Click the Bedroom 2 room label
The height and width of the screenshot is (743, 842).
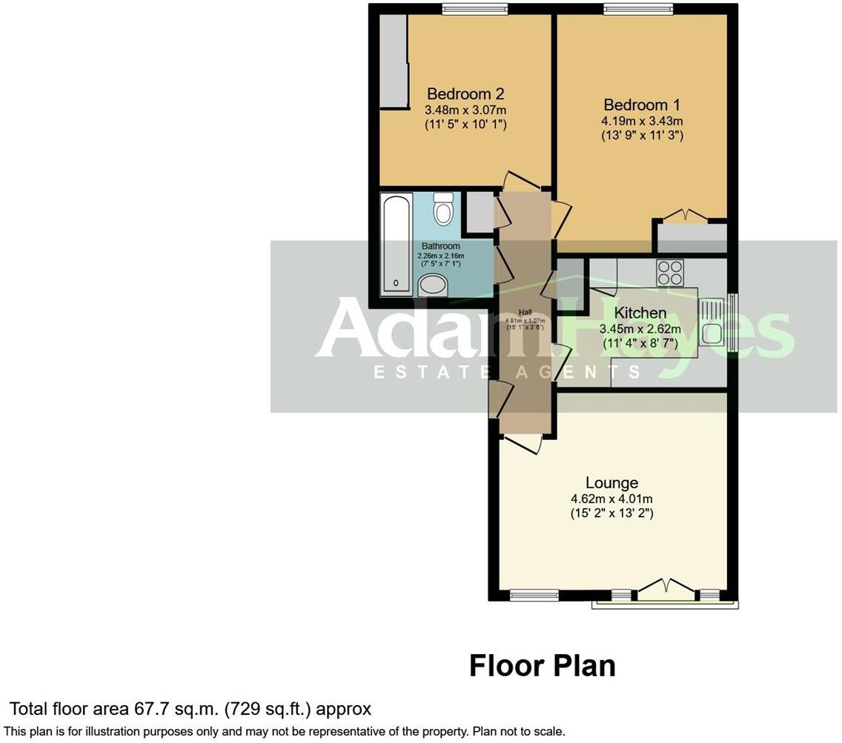(x=465, y=94)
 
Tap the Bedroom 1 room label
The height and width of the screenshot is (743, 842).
(x=642, y=105)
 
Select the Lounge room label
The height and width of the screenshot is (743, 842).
(x=611, y=483)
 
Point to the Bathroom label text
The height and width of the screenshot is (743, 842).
(x=441, y=246)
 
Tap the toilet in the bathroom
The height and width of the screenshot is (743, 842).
(x=444, y=209)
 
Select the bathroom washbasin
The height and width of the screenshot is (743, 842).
(x=433, y=285)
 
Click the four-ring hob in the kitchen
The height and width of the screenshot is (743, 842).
(x=670, y=272)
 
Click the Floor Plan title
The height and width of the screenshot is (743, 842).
(x=542, y=666)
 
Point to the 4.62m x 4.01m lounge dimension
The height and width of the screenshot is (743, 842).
(x=611, y=499)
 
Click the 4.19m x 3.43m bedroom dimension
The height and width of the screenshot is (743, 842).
(x=642, y=121)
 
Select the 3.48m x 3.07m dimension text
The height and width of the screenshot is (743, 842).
(x=465, y=110)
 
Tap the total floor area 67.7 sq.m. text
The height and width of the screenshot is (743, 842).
(x=190, y=709)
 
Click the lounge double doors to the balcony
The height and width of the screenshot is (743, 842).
(x=667, y=590)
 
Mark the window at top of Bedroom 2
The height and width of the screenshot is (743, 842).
(x=475, y=9)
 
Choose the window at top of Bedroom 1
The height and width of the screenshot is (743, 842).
(x=638, y=9)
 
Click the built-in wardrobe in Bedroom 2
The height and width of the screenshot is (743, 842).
(x=393, y=62)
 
